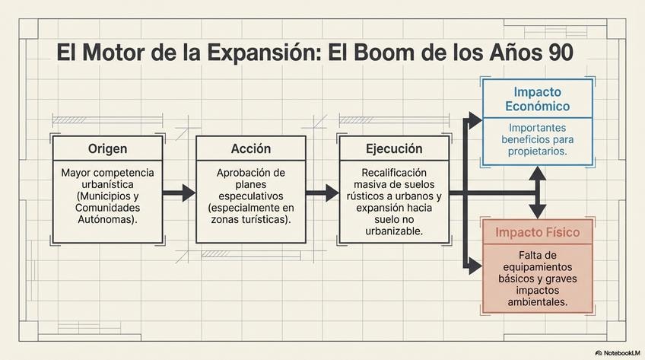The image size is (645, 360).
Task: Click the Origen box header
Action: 107,148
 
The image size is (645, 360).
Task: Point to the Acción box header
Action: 250,148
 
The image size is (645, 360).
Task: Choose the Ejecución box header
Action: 393,148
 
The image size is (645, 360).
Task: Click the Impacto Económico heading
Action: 537,99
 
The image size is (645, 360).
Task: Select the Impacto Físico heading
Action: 537,232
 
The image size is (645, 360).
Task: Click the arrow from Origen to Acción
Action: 180,193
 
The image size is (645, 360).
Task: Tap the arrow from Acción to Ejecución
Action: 322,193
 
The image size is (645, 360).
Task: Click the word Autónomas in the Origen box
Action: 107,219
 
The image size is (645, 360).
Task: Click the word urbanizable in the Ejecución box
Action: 393,231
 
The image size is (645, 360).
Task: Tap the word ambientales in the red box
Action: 537,302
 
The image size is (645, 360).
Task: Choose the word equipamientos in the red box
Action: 537,267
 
